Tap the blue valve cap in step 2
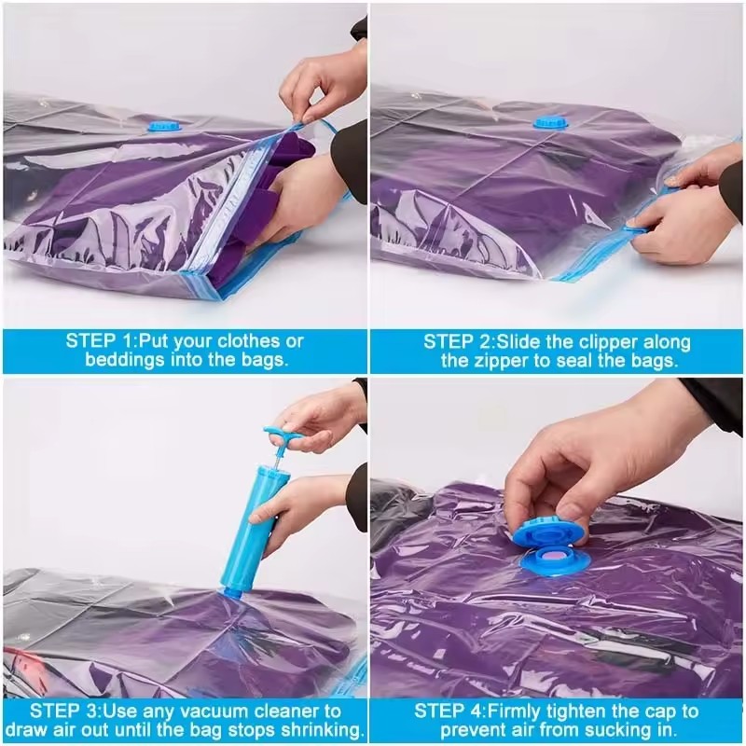(x=547, y=122)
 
